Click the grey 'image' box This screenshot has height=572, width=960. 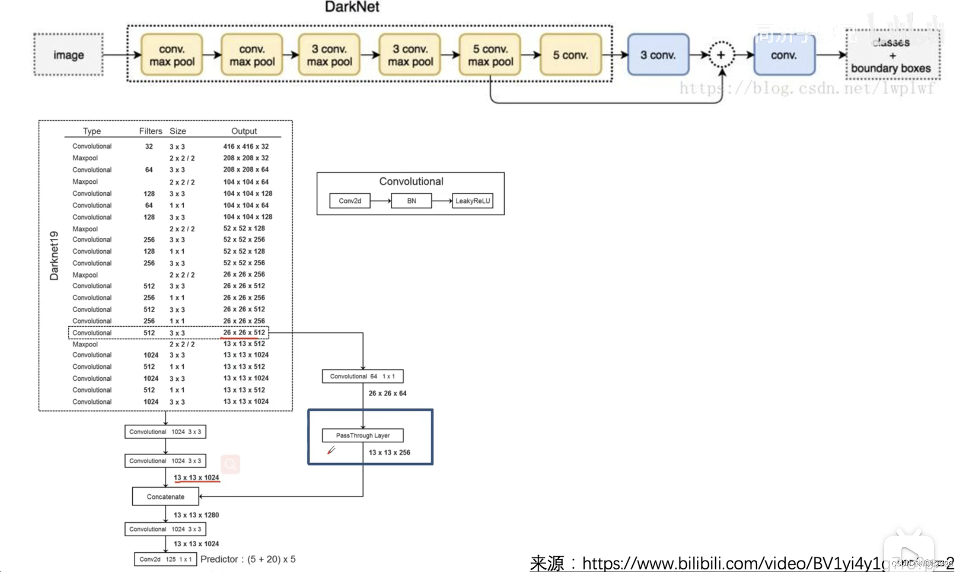pyautogui.click(x=68, y=55)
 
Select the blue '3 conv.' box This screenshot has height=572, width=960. pyautogui.click(x=658, y=55)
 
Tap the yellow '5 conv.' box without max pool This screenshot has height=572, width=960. pyautogui.click(x=570, y=55)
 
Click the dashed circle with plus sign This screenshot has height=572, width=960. pyautogui.click(x=721, y=55)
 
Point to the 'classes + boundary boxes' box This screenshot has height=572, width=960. pyautogui.click(x=892, y=55)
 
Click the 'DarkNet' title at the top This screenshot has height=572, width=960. pyautogui.click(x=352, y=7)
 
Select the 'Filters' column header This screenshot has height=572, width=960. pyautogui.click(x=150, y=131)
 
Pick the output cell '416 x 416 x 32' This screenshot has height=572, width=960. pyautogui.click(x=246, y=146)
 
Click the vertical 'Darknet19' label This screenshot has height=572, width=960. pyautogui.click(x=54, y=255)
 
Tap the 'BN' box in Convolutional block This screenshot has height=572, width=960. pyautogui.click(x=411, y=201)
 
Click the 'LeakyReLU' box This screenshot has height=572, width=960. pyautogui.click(x=473, y=201)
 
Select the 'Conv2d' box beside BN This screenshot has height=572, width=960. pyautogui.click(x=350, y=201)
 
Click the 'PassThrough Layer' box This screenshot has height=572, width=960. pyautogui.click(x=363, y=436)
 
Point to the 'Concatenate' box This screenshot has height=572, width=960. pyautogui.click(x=165, y=497)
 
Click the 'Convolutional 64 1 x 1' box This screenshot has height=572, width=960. pyautogui.click(x=363, y=376)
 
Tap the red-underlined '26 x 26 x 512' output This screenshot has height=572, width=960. pyautogui.click(x=244, y=332)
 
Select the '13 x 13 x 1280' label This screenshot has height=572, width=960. pyautogui.click(x=196, y=515)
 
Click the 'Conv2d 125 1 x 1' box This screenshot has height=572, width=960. pyautogui.click(x=165, y=559)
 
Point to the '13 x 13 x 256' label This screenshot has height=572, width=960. pyautogui.click(x=389, y=452)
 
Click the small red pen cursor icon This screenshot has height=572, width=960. pyautogui.click(x=331, y=450)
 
